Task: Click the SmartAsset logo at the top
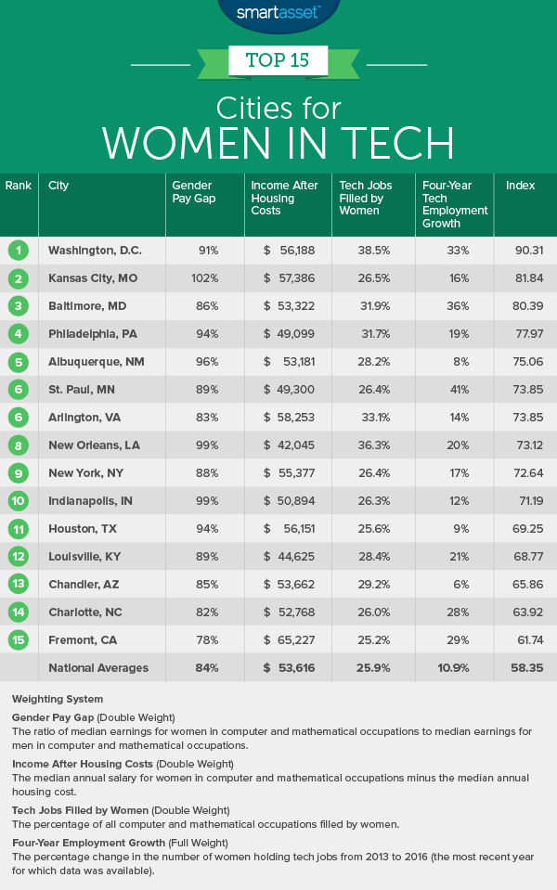tap(278, 12)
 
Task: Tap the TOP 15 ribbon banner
tap(278, 62)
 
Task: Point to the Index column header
tap(520, 186)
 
